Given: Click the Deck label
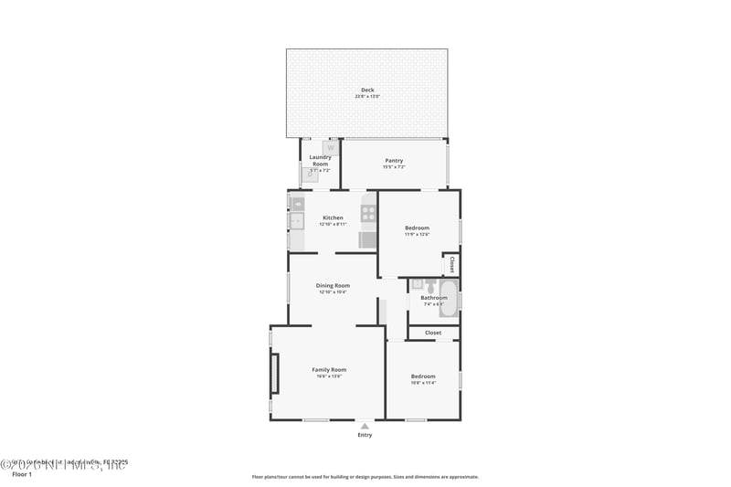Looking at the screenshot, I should point(367,90).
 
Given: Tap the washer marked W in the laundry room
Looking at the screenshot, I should point(331,147).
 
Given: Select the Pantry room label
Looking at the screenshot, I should point(394,161).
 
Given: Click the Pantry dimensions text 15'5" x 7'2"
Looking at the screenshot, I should point(394,167).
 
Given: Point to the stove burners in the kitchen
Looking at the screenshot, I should point(368,214).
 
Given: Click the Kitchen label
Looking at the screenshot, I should point(333,217).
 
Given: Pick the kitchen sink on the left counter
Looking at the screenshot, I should point(296,220).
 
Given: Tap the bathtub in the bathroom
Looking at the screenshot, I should point(448,299).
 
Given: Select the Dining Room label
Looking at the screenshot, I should point(333,286).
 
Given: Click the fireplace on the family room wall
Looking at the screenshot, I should point(273,373).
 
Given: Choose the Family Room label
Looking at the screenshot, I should point(329,370).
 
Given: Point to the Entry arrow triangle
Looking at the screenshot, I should point(365,426).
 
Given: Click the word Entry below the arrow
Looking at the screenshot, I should point(365,435).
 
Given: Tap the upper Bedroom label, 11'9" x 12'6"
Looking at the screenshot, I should point(418,228).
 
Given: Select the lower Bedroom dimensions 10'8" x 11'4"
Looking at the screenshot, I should point(423,383).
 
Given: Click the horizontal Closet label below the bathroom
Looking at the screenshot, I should point(433,333).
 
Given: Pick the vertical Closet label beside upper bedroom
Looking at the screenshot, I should point(451,264).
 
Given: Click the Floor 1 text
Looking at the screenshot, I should point(21,475).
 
